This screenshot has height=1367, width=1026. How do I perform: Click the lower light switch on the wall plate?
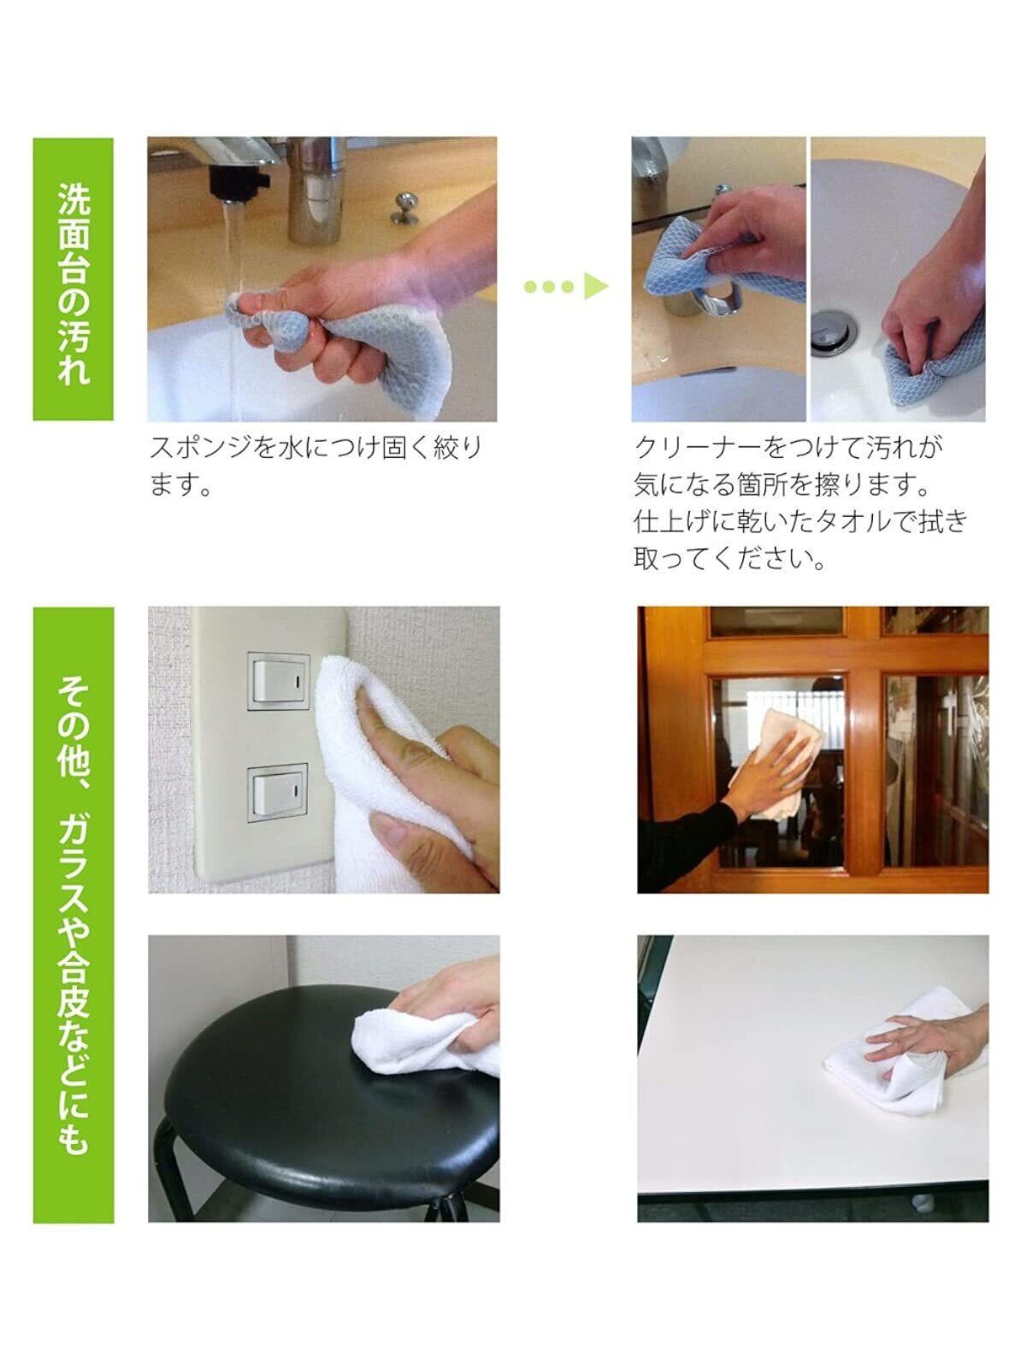279,793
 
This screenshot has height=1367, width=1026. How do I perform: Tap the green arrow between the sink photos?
566,286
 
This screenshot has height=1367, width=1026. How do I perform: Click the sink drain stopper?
834,330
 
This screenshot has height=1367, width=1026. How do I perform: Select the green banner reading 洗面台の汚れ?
73,279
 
